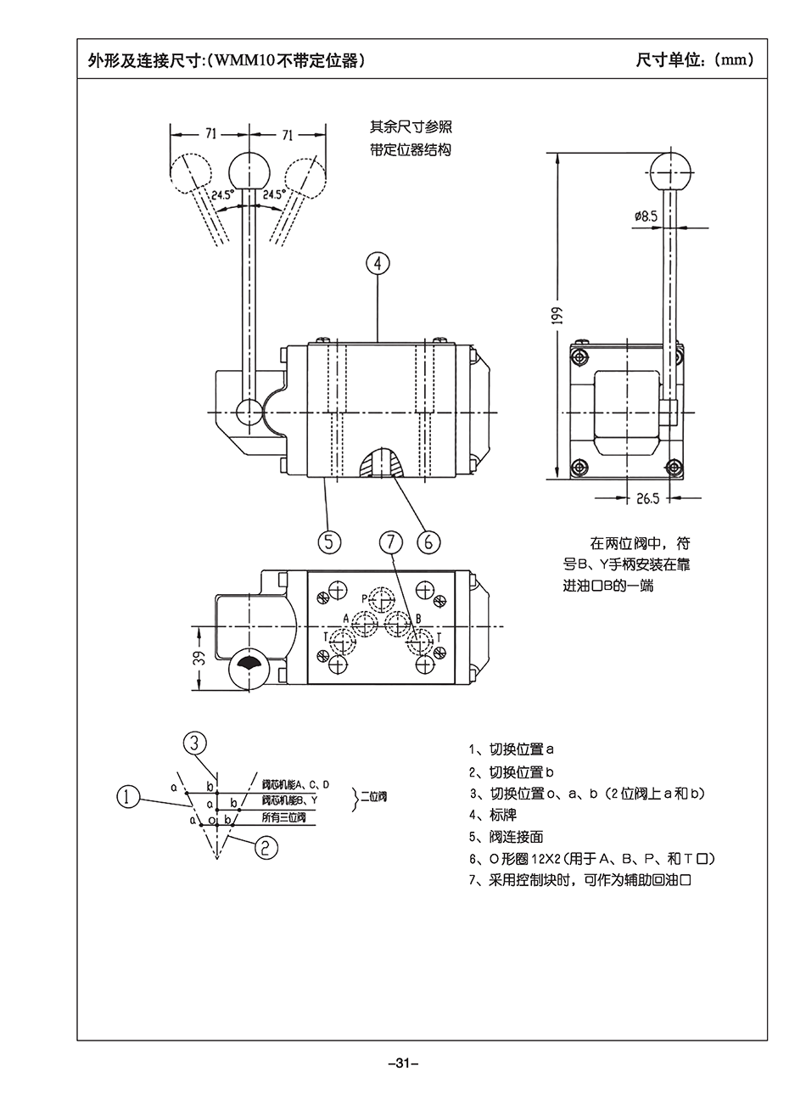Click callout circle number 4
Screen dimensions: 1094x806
click(378, 263)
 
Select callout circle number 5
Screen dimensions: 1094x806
click(329, 540)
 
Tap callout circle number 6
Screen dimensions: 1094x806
click(428, 540)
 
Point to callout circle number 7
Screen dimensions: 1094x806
click(389, 540)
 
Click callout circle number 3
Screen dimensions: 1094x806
click(194, 743)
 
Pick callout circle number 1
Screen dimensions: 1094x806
click(127, 796)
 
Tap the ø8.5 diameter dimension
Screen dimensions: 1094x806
click(645, 216)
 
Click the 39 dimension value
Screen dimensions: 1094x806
click(199, 659)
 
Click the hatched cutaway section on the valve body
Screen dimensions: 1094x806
click(382, 464)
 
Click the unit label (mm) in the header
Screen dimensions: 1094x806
click(733, 60)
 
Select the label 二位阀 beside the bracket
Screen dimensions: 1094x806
click(373, 797)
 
